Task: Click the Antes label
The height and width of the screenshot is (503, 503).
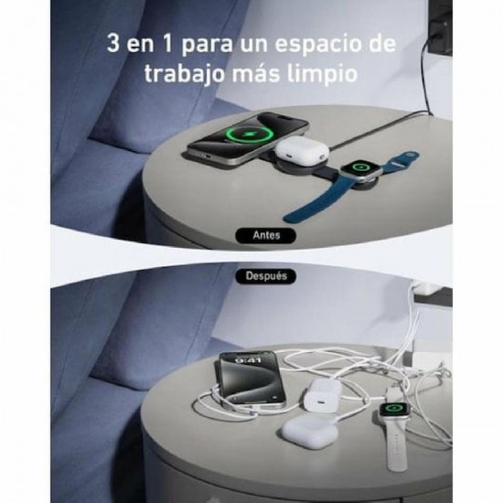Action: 266,235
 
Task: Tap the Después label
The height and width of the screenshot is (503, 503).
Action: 266,276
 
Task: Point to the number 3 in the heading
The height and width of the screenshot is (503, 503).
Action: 112,43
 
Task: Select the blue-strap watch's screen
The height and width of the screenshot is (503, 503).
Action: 361,166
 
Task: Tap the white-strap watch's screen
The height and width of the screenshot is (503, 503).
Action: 394,409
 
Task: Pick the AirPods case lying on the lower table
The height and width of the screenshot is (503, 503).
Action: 310,430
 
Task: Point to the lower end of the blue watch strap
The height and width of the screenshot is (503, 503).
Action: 287,219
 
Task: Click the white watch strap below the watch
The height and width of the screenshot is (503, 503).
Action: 397,445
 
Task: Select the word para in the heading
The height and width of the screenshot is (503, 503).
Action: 207,45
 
